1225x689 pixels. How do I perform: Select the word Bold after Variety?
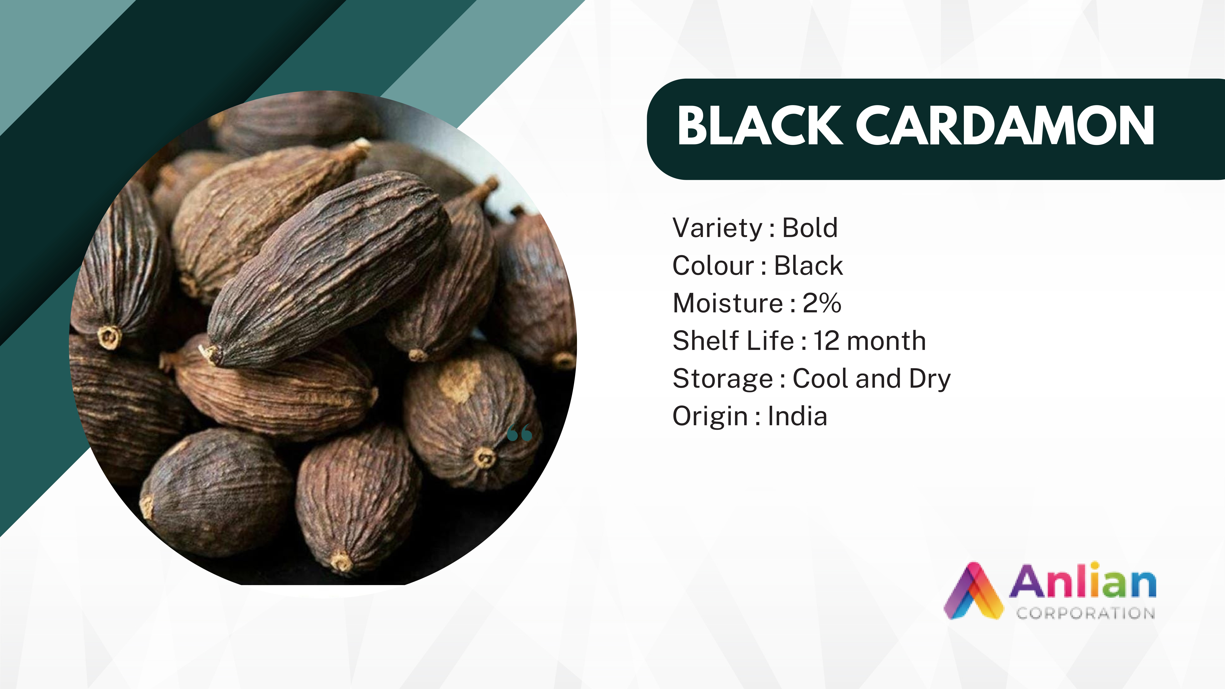[x=810, y=228]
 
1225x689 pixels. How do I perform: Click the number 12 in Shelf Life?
[x=826, y=341]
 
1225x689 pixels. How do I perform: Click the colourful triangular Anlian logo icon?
[x=973, y=591]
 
